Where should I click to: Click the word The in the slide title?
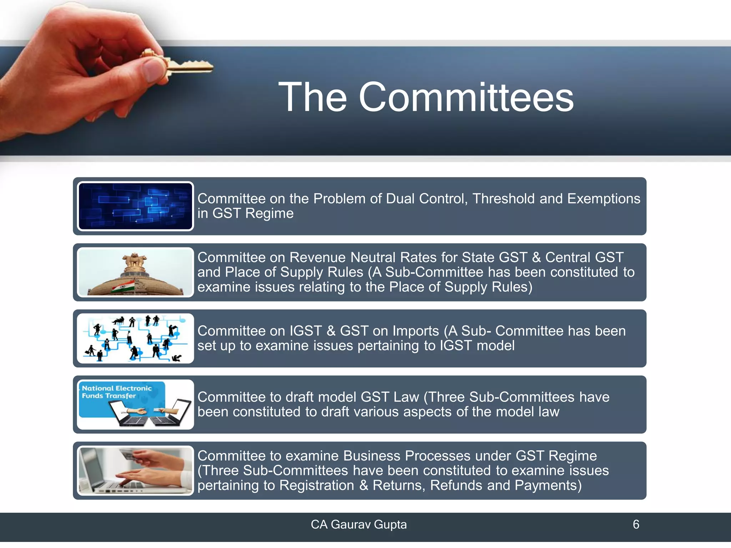tap(312, 97)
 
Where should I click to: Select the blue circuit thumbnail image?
tap(135, 206)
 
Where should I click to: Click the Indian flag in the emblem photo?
tap(122, 286)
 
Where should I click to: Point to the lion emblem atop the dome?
tap(134, 262)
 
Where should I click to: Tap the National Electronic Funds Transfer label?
tap(117, 392)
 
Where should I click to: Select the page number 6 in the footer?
tap(636, 524)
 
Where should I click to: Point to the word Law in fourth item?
tap(408, 397)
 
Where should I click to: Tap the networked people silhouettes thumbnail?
tap(135, 338)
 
